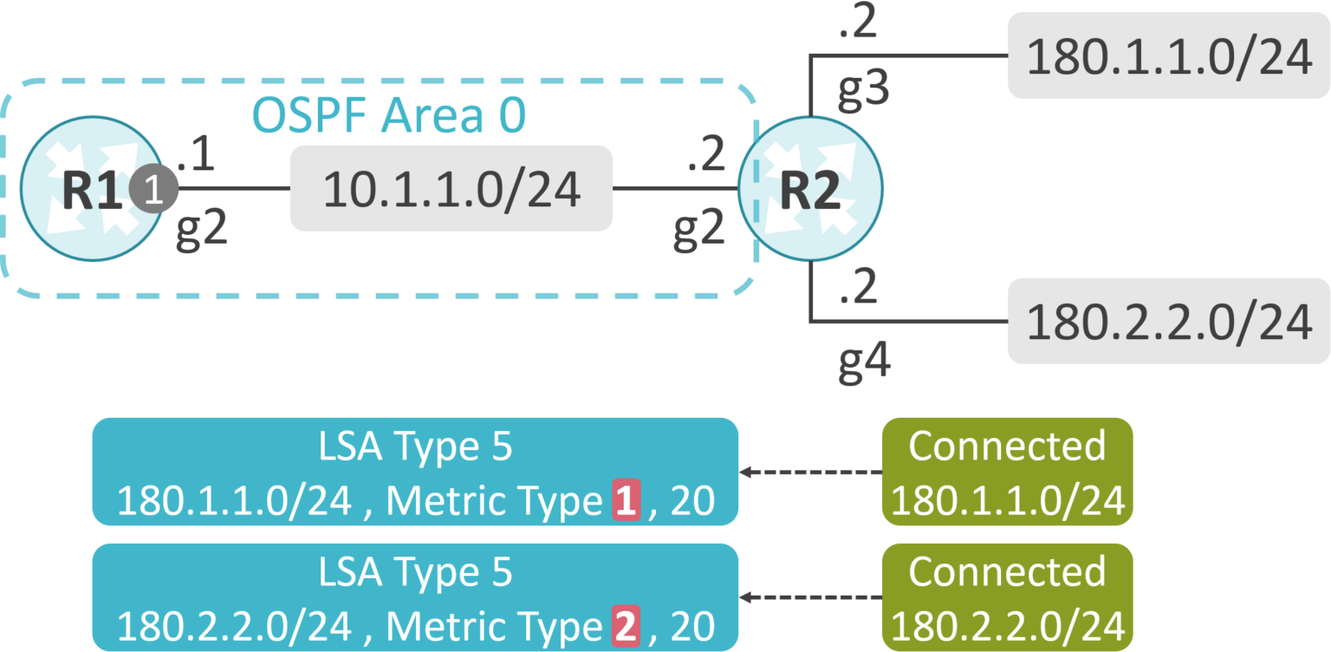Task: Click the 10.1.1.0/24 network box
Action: coord(451,189)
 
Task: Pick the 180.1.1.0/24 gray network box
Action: coord(1168,55)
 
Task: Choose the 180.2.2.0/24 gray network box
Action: coord(1168,321)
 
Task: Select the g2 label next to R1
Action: coord(201,231)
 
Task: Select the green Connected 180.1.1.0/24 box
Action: coord(1007,472)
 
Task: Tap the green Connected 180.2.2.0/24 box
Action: coord(1007,597)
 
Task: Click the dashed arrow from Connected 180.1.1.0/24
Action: coord(810,473)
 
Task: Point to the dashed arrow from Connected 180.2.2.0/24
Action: coord(810,598)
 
